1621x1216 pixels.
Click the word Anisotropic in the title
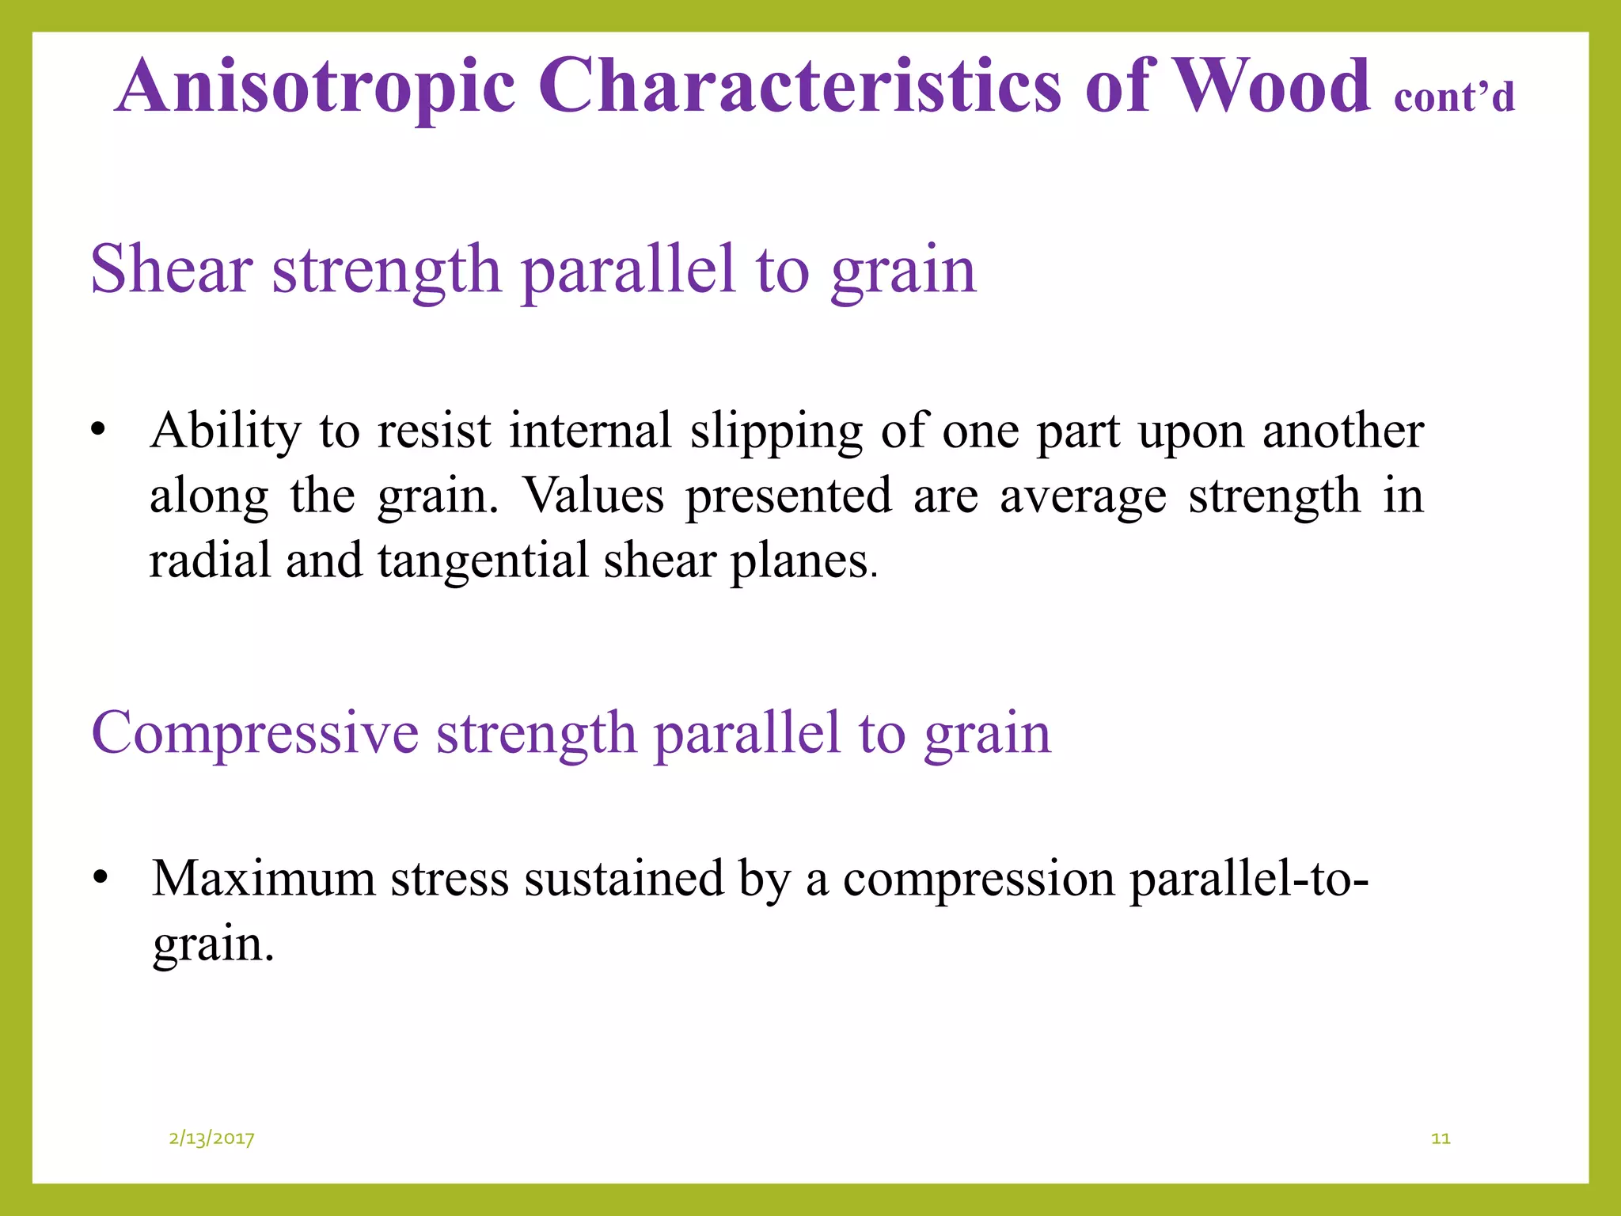tap(315, 87)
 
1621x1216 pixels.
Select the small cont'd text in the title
tap(1453, 97)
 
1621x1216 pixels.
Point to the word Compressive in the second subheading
tap(254, 733)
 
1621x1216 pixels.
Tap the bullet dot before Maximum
tap(100, 879)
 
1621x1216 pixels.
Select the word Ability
tap(226, 432)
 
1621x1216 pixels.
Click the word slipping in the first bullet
tap(776, 432)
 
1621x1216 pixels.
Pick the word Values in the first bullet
tap(594, 496)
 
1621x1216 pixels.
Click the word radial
tap(208, 560)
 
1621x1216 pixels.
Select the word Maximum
tap(264, 879)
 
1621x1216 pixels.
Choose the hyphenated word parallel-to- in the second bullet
tap(1248, 879)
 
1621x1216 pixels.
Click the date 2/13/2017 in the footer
tap(211, 1138)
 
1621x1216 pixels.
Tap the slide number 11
tap(1441, 1138)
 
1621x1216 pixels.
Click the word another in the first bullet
tap(1343, 432)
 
